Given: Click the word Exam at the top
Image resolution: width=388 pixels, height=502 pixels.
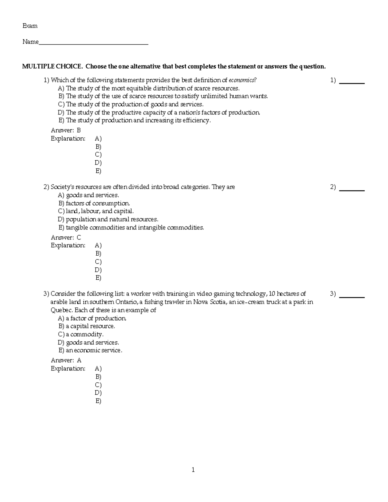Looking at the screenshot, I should pyautogui.click(x=30, y=26).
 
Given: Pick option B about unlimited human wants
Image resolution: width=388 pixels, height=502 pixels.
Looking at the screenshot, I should pyautogui.click(x=163, y=96).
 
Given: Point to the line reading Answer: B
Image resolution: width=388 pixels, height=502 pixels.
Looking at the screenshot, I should pyautogui.click(x=66, y=131).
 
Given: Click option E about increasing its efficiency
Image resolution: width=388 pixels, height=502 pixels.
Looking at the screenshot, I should pyautogui.click(x=135, y=121).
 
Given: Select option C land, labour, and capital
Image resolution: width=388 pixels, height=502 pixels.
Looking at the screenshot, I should pyautogui.click(x=96, y=211).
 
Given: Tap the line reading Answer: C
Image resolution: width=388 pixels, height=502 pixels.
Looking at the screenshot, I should pyautogui.click(x=66, y=238).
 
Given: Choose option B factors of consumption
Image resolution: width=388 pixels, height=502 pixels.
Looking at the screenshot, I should pyautogui.click(x=94, y=203).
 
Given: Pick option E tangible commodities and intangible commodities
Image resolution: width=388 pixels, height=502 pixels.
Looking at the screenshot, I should pyautogui.click(x=131, y=228).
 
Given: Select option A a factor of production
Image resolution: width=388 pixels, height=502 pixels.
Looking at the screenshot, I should pyautogui.click(x=92, y=318).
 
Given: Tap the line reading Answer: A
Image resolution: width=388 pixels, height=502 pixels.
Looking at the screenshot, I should pyautogui.click(x=66, y=360).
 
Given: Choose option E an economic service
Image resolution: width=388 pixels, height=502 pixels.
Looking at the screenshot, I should pyautogui.click(x=91, y=351).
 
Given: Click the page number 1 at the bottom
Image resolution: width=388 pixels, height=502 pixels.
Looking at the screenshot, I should pyautogui.click(x=193, y=470).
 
